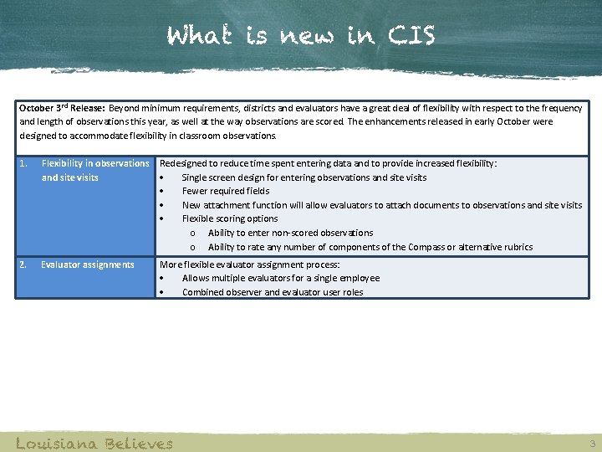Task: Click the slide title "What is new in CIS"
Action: [x=301, y=37]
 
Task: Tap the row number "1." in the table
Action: [x=23, y=163]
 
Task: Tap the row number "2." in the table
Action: [x=23, y=265]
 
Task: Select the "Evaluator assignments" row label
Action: [x=88, y=265]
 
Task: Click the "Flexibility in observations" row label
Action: [x=95, y=163]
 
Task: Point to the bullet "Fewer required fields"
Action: [x=226, y=191]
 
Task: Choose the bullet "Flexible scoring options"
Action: [x=230, y=218]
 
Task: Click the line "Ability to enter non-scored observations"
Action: [x=290, y=233]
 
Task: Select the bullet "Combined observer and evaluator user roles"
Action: [x=273, y=292]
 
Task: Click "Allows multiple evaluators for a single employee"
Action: [x=281, y=278]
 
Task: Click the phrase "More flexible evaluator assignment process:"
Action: [x=250, y=265]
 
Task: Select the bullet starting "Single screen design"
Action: [x=304, y=177]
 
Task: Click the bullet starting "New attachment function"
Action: [x=382, y=205]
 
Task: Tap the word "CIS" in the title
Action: [x=411, y=37]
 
